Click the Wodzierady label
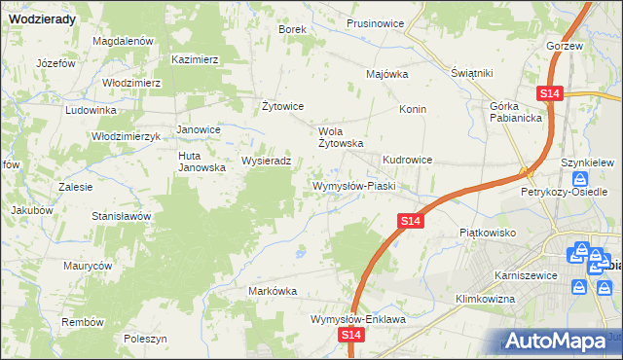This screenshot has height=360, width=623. click(38, 17)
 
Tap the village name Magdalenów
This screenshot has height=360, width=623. click(124, 42)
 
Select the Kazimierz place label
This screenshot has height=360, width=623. click(195, 59)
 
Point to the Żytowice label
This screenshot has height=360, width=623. click(283, 106)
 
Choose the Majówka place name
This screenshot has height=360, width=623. click(386, 74)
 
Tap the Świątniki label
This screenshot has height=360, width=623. click(473, 74)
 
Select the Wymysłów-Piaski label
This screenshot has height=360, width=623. click(351, 186)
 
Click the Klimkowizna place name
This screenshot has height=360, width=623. click(484, 299)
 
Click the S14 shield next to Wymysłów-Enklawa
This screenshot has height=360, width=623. click(353, 335)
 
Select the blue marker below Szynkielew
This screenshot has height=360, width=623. click(580, 180)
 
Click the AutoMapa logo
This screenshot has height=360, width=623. click(558, 341)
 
